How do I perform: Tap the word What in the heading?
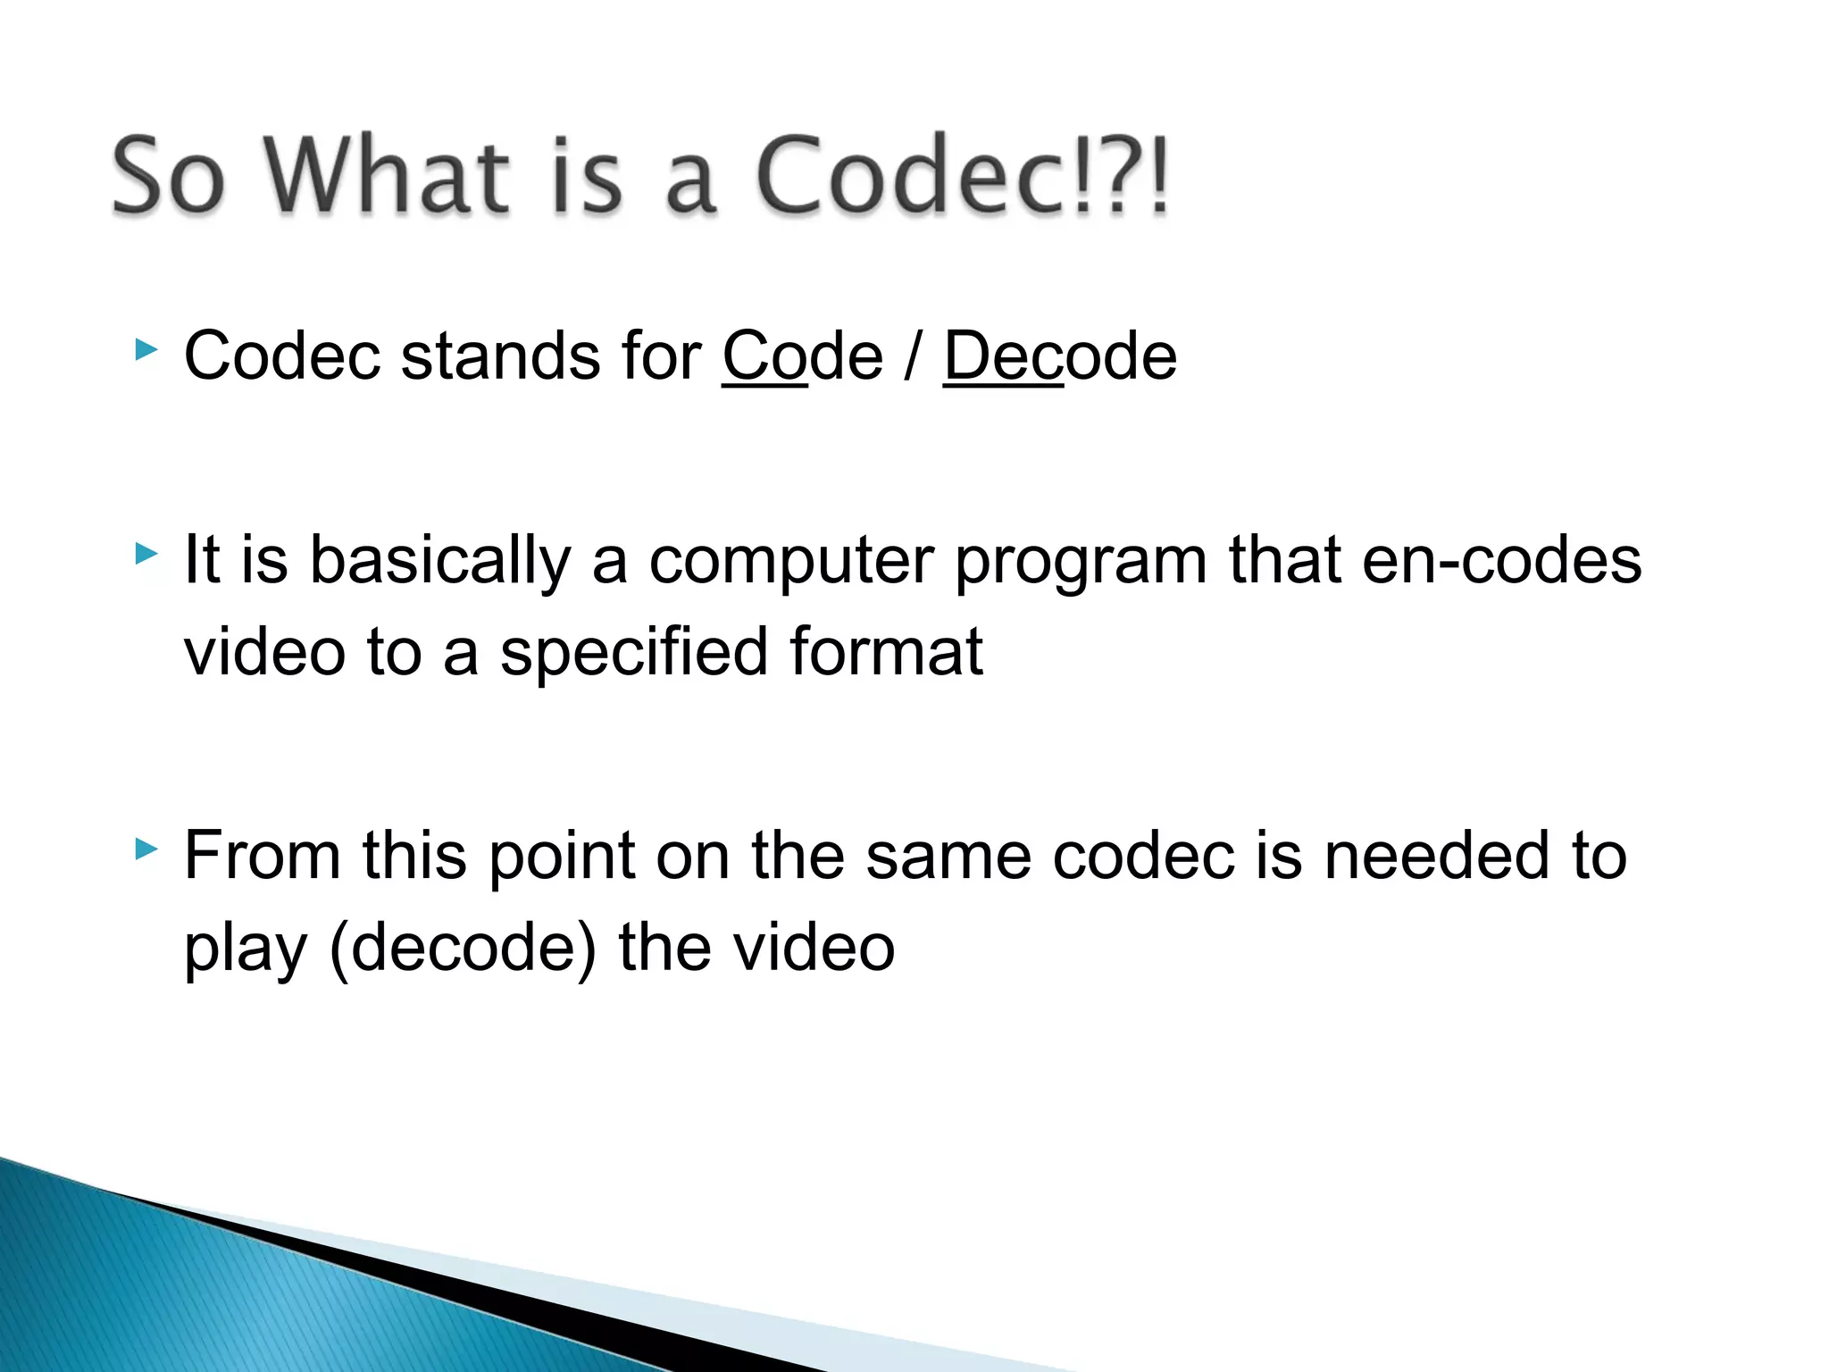(387, 176)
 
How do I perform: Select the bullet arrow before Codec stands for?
(146, 349)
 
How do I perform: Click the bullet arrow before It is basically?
(146, 555)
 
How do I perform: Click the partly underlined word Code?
(802, 356)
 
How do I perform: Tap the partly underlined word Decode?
(1060, 356)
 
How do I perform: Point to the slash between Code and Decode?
(912, 356)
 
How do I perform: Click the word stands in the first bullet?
(500, 356)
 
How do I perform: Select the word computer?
(790, 562)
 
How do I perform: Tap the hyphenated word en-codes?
(1501, 562)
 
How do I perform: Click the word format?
(886, 651)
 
